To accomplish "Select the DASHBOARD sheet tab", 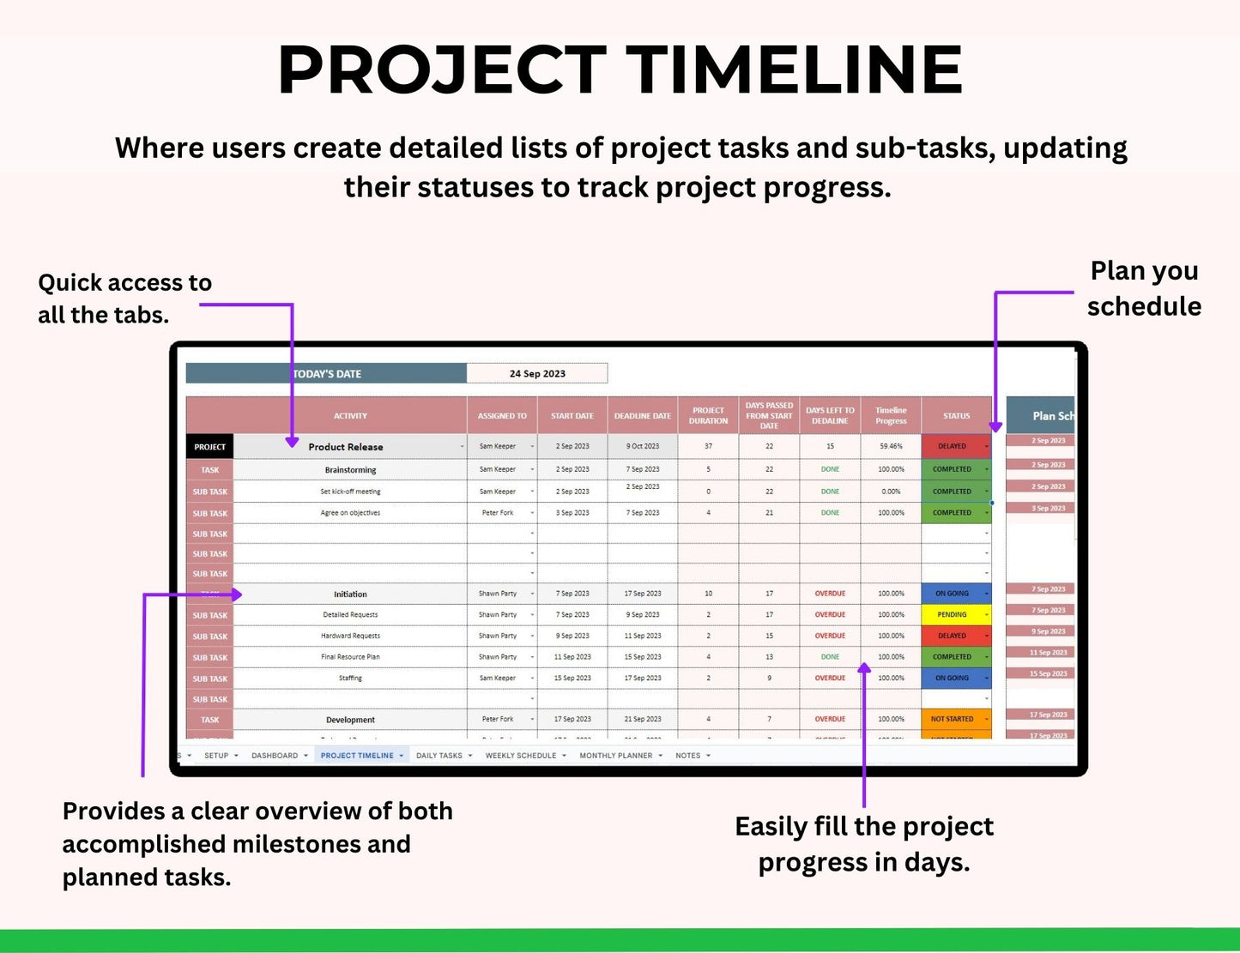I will [x=275, y=756].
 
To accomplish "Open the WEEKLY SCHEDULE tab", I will [x=521, y=756].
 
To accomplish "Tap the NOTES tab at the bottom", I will [x=688, y=756].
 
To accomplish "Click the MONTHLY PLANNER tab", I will [x=616, y=756].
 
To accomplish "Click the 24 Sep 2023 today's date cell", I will [x=537, y=374].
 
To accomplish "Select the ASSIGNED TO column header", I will [x=502, y=416].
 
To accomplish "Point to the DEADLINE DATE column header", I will [x=643, y=416].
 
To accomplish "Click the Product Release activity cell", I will [x=346, y=447].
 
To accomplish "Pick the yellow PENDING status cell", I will [x=953, y=615].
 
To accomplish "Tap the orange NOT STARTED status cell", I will [x=953, y=720].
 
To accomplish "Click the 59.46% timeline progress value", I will [x=891, y=447].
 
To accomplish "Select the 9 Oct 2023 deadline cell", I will [x=643, y=447].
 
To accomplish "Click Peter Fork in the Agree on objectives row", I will [x=498, y=513].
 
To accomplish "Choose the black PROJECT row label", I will [x=209, y=447].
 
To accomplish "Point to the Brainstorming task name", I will [x=350, y=470].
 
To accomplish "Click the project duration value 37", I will [x=708, y=447].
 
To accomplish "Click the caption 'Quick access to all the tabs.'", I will [x=124, y=299].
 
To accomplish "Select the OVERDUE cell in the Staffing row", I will [x=830, y=679].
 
